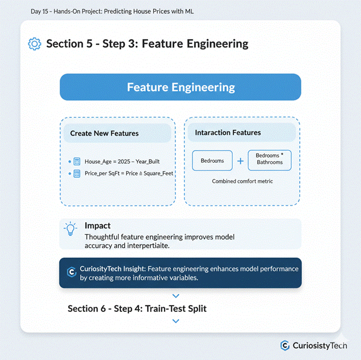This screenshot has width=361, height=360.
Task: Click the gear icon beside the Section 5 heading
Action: [x=35, y=44]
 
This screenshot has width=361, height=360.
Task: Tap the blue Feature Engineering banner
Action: [x=180, y=87]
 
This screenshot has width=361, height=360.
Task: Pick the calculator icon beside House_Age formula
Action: [x=77, y=162]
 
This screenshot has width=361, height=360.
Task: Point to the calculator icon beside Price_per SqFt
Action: [x=77, y=173]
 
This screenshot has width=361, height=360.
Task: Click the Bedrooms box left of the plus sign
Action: [x=212, y=160]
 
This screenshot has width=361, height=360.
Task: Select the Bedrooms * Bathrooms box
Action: [x=269, y=159]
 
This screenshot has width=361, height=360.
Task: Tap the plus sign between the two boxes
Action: [x=240, y=161]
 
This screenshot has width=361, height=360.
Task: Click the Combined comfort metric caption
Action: [x=242, y=181]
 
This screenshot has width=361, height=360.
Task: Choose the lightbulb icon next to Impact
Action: [x=71, y=228]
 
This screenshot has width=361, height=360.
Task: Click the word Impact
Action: [x=97, y=225]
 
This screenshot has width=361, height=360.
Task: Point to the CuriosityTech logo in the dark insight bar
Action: [x=72, y=272]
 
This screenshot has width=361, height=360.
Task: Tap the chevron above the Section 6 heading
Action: [x=175, y=295]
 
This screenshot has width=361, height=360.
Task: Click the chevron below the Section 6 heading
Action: [x=175, y=321]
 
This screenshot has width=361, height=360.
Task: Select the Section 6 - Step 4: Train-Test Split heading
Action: [x=137, y=308]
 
